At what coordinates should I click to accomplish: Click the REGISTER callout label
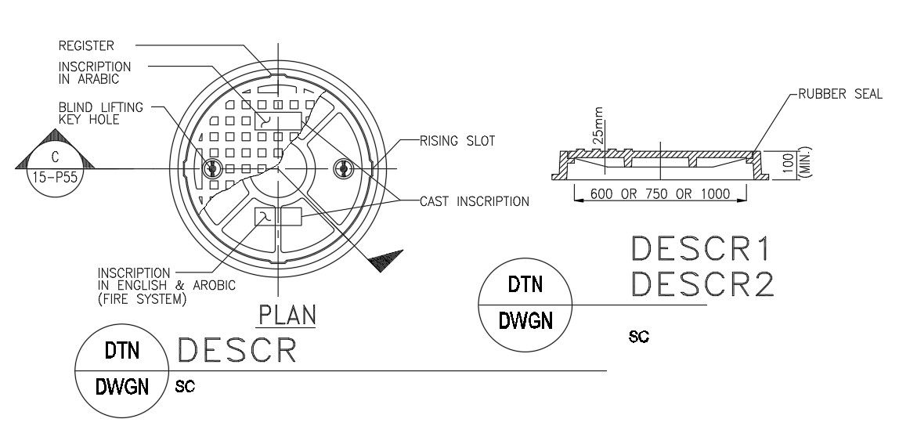86,45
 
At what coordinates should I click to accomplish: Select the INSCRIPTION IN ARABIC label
94,73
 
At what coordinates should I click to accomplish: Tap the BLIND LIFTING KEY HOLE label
100,113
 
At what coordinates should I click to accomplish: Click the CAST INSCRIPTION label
475,201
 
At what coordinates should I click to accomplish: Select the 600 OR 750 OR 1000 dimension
659,194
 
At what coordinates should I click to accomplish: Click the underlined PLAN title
287,315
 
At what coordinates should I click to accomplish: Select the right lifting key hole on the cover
341,167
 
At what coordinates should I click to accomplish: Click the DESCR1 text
702,249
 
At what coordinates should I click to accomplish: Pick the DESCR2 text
702,284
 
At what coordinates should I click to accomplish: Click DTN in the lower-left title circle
122,352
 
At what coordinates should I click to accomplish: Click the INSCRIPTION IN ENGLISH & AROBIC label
166,279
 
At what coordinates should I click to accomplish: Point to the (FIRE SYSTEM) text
142,299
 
